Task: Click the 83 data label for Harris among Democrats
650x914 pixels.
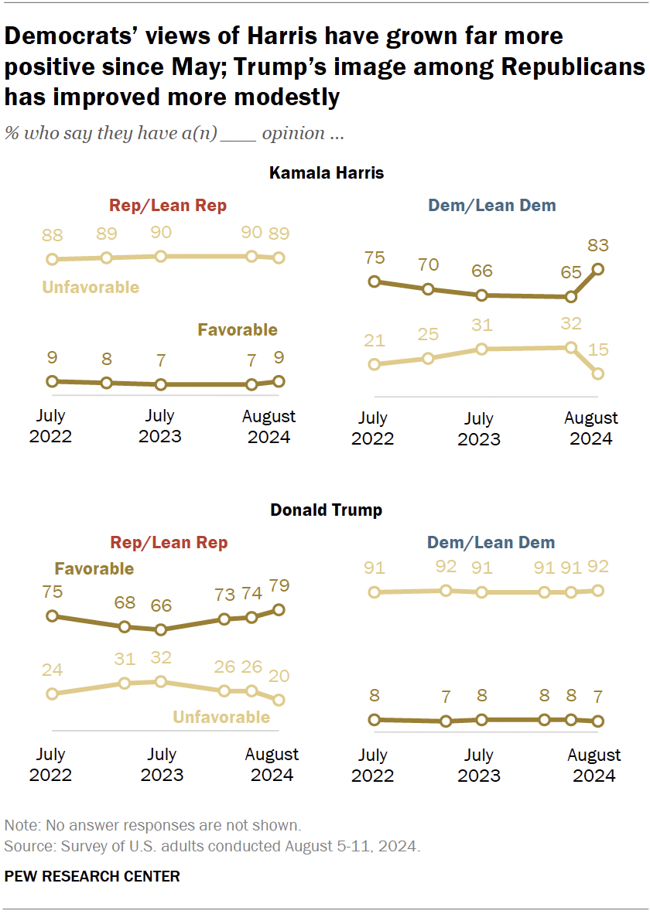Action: pyautogui.click(x=597, y=247)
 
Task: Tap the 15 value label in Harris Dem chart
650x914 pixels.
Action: pyautogui.click(x=597, y=350)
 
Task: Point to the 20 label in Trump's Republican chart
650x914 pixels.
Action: pyautogui.click(x=279, y=675)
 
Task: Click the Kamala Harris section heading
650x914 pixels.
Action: pyautogui.click(x=326, y=172)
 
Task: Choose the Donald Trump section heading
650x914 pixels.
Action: pyautogui.click(x=326, y=510)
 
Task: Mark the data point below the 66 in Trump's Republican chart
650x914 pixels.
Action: pyautogui.click(x=160, y=629)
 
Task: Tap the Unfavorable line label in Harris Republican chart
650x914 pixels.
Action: pyautogui.click(x=91, y=287)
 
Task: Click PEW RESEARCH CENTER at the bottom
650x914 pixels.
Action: pyautogui.click(x=92, y=876)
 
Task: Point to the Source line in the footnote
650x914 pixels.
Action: pyautogui.click(x=212, y=847)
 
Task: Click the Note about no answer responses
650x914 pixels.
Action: pyautogui.click(x=152, y=825)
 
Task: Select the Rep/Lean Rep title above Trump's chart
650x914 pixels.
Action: pyautogui.click(x=169, y=543)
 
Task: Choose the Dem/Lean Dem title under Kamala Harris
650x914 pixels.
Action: pyautogui.click(x=491, y=206)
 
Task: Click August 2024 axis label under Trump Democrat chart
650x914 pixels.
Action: pyautogui.click(x=594, y=765)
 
